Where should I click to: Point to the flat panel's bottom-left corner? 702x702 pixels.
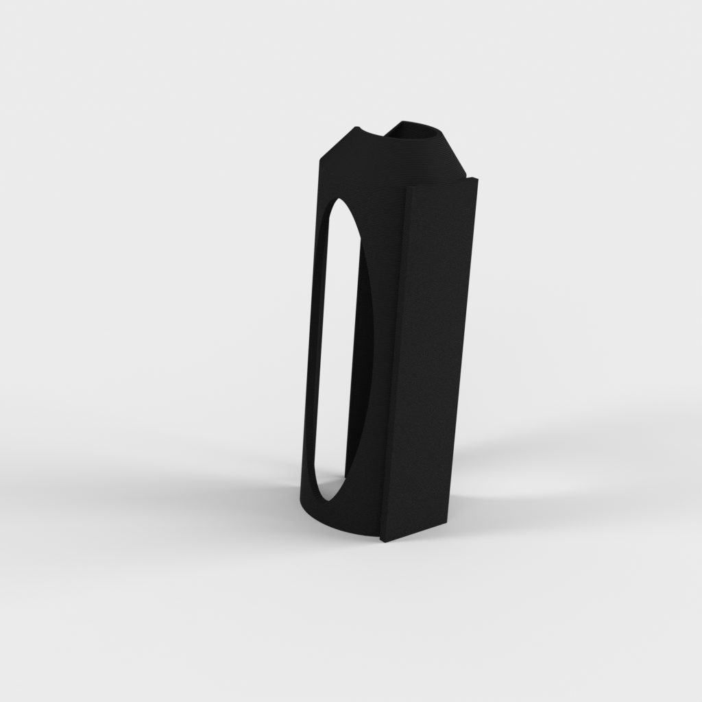click(378, 541)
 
